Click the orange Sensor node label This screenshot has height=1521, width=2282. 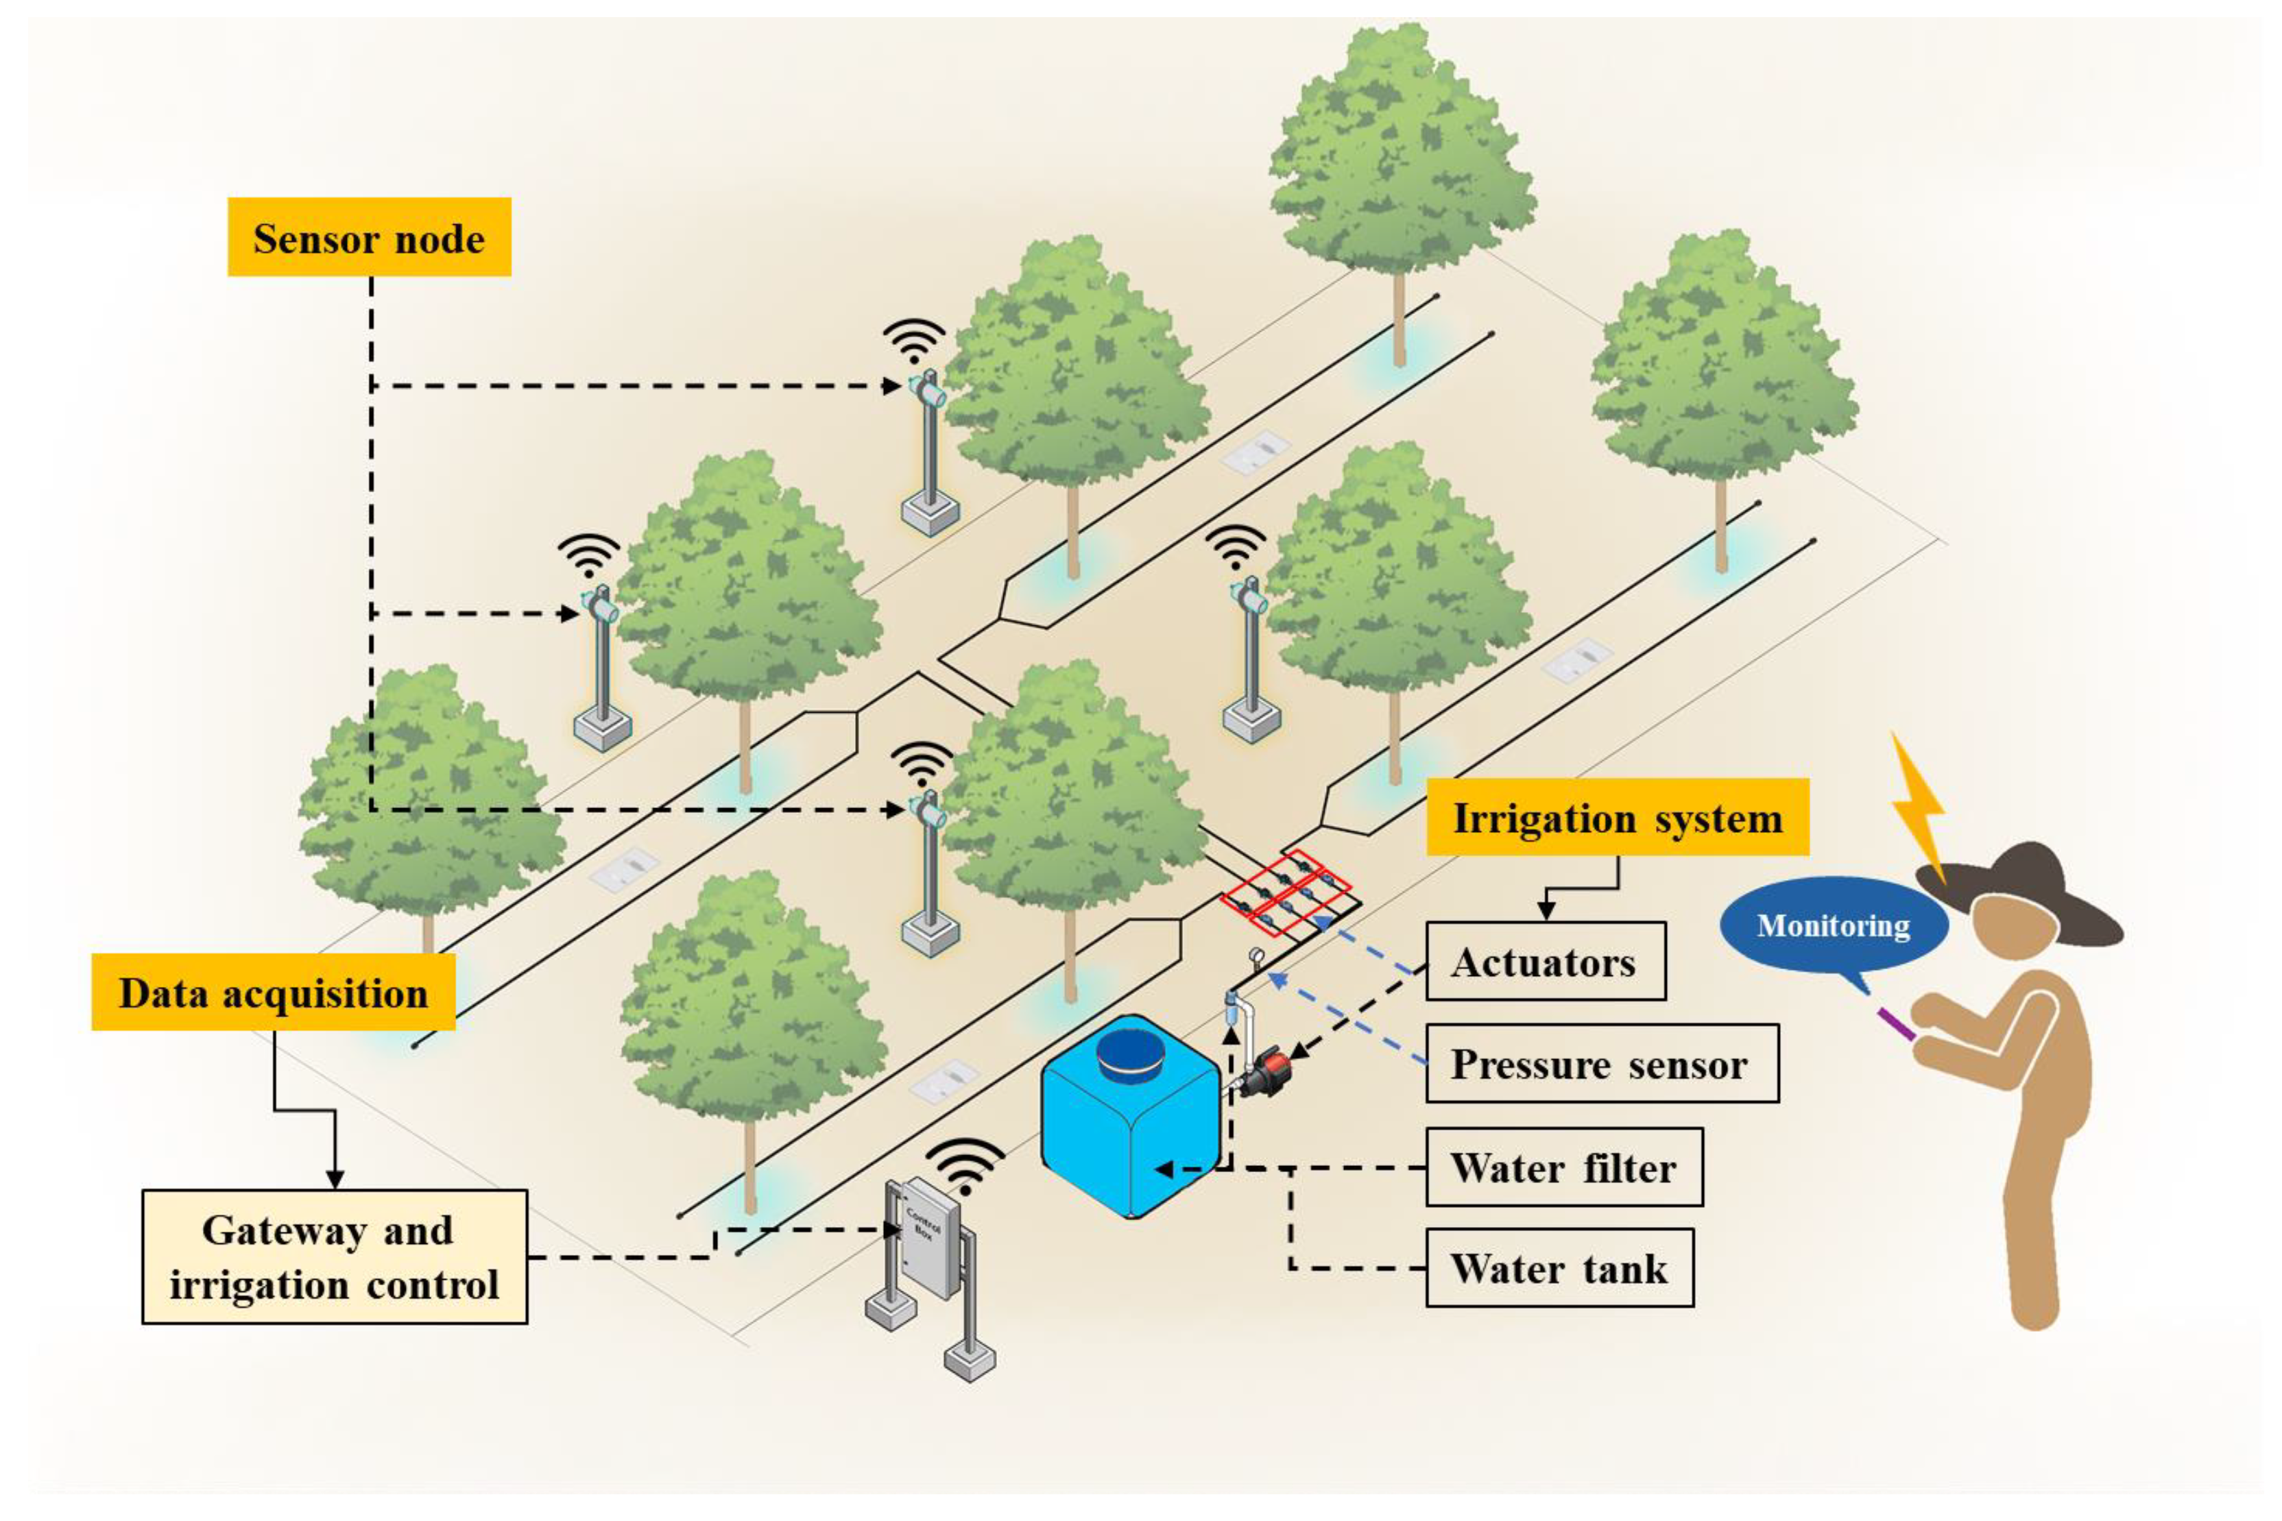369,238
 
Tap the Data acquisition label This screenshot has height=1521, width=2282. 273,993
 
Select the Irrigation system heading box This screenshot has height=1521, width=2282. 1618,817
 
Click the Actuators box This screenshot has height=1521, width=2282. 1545,961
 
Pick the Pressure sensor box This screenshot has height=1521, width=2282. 1601,1063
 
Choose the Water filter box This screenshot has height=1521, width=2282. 1563,1167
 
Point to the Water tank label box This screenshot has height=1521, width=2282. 1559,1268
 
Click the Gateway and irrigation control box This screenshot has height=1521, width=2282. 335,1256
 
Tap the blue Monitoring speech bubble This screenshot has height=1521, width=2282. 1833,925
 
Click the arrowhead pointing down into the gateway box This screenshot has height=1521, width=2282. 335,1178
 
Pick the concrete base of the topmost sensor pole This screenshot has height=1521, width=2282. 930,514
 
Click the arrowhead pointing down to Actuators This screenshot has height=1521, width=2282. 1546,911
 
